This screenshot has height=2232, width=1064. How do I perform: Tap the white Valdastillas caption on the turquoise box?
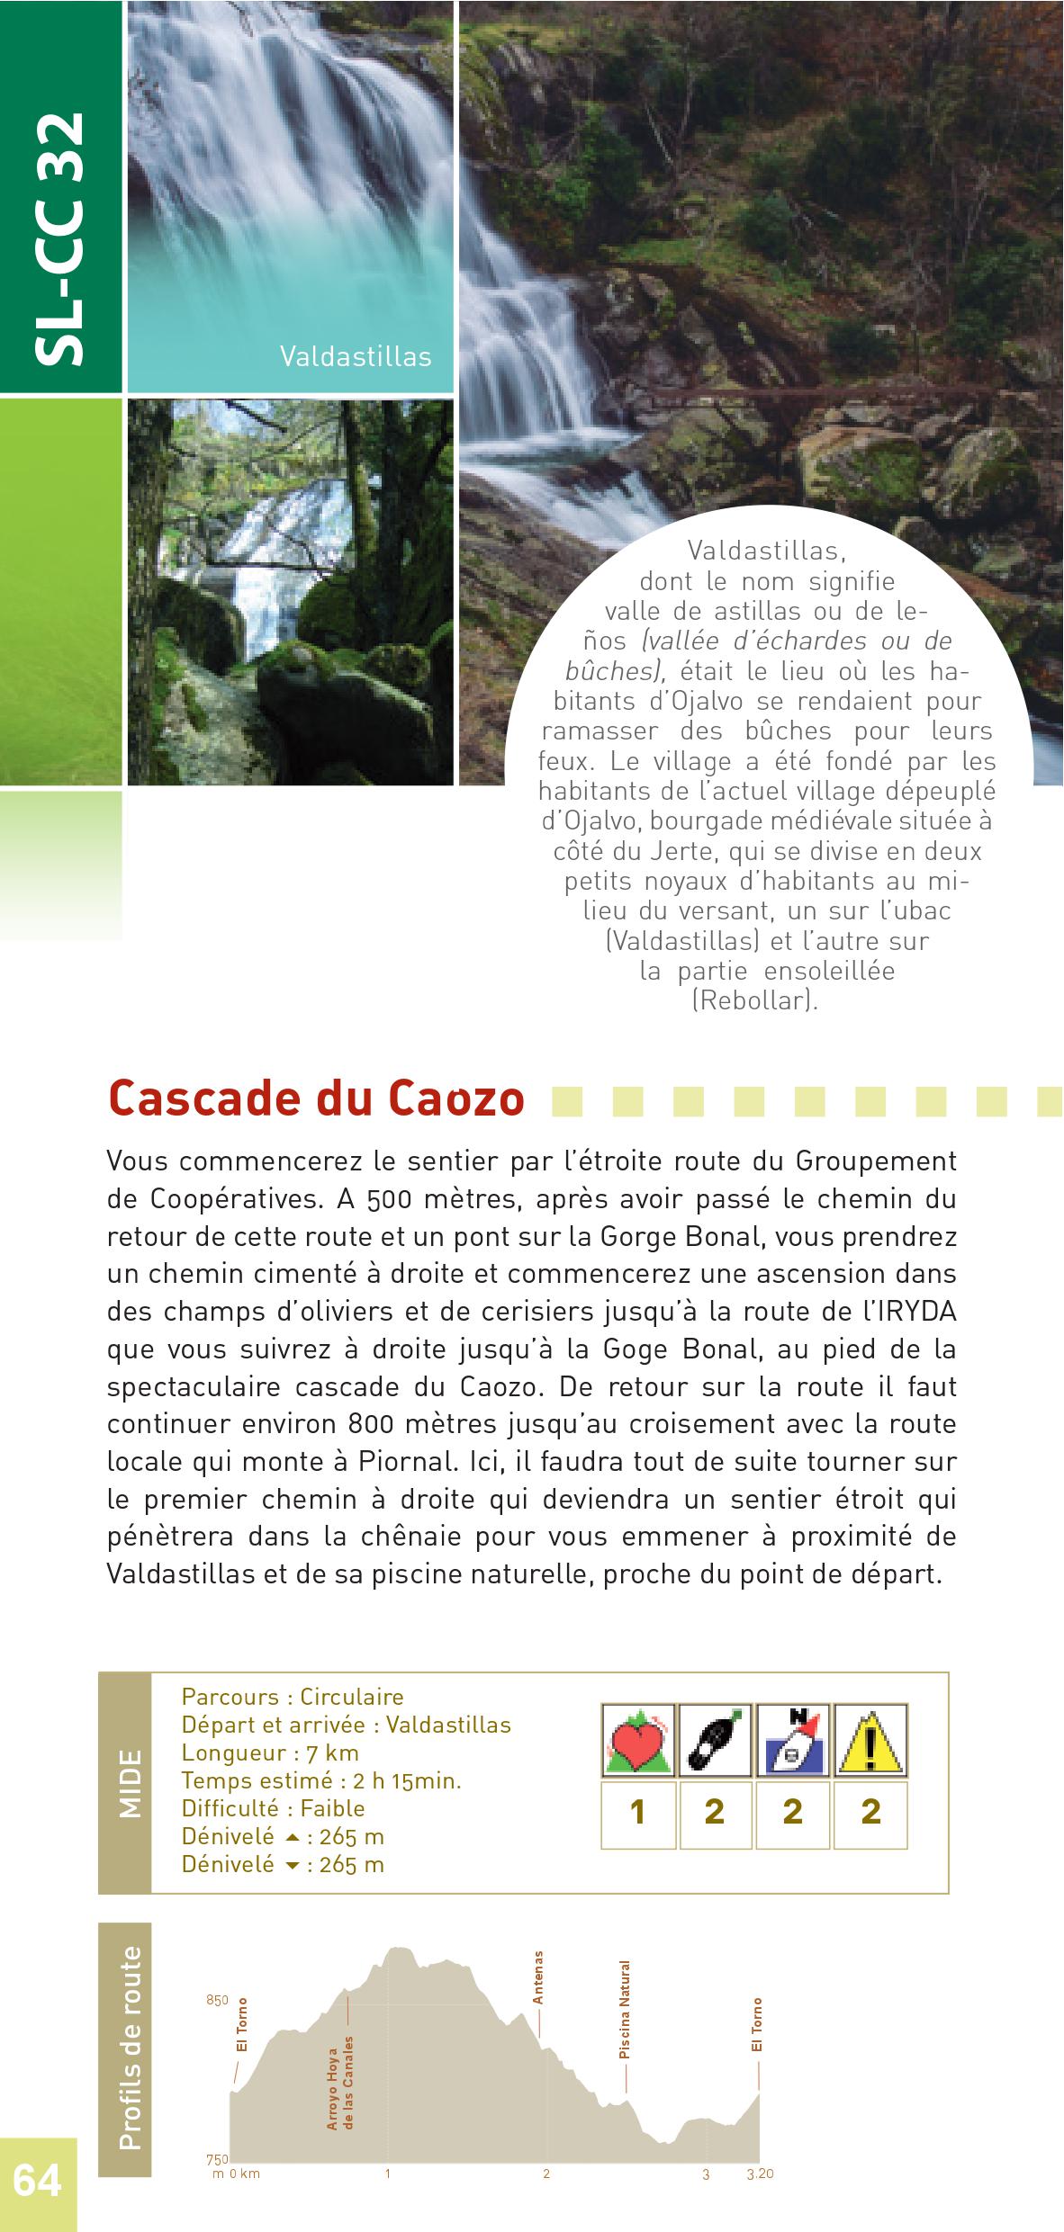(x=355, y=356)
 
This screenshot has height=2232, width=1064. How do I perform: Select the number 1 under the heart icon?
(x=637, y=1811)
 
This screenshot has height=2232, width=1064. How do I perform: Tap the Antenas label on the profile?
(x=538, y=1975)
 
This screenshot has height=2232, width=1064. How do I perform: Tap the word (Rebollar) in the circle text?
(x=754, y=1000)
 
